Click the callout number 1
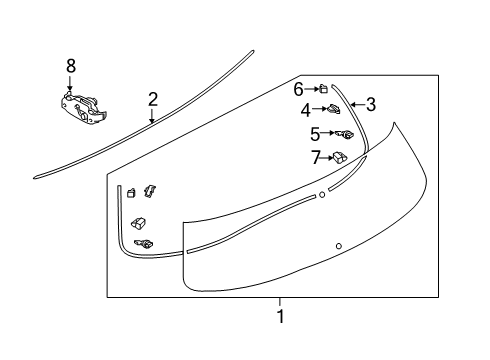(x=280, y=317)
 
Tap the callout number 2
(x=152, y=99)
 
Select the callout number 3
(x=370, y=104)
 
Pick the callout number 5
(x=314, y=133)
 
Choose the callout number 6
(x=298, y=88)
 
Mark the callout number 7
(x=316, y=156)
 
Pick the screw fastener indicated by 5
(x=346, y=134)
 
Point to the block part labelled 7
(x=341, y=156)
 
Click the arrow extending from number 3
(x=356, y=104)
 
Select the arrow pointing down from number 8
(x=70, y=83)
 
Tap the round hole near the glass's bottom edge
(x=339, y=246)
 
